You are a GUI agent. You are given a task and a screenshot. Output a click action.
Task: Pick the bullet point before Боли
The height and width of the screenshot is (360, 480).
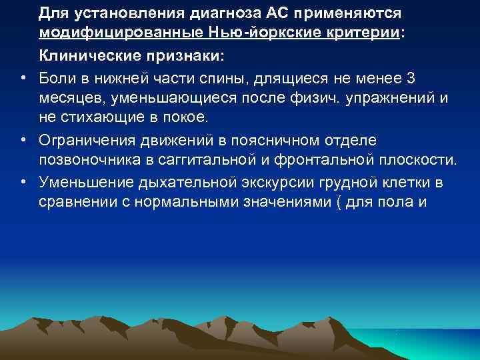(x=23, y=79)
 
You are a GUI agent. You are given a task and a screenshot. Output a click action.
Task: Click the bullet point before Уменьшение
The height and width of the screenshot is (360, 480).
(x=23, y=180)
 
